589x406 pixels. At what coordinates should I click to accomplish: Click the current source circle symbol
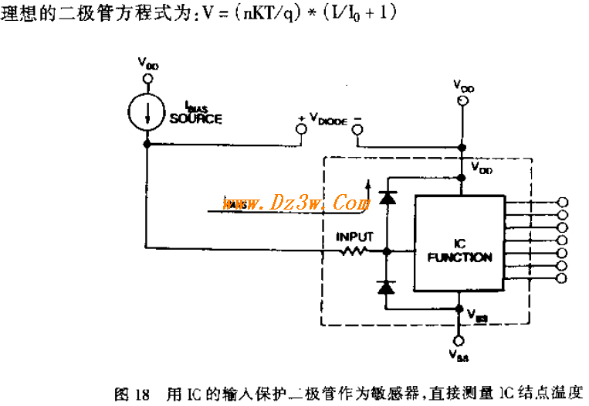(x=146, y=110)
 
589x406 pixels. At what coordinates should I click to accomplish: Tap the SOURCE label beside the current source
(x=195, y=119)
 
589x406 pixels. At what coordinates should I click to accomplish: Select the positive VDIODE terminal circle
(x=301, y=129)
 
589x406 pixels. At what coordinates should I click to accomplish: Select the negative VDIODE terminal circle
(x=357, y=129)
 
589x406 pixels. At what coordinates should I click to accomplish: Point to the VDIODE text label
(x=330, y=117)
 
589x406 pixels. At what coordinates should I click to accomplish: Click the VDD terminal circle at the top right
(x=462, y=100)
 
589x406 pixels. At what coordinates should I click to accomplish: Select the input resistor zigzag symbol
(x=354, y=251)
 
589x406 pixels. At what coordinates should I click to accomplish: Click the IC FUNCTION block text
(x=459, y=251)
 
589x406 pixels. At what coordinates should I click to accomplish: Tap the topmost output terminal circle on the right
(x=562, y=203)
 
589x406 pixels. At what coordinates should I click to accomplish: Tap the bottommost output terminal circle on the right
(x=562, y=278)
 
